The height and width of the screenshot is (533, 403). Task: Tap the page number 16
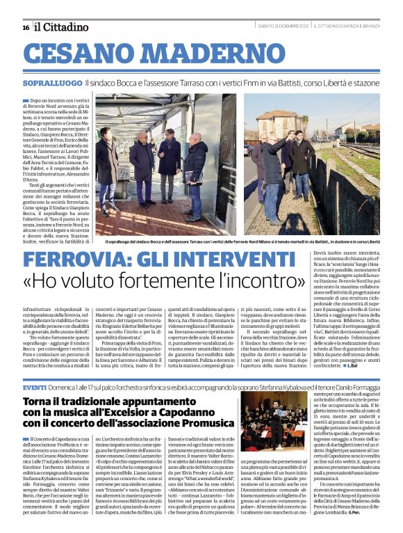click(x=26, y=27)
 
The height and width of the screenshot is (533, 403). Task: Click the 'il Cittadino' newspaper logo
click(x=62, y=26)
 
